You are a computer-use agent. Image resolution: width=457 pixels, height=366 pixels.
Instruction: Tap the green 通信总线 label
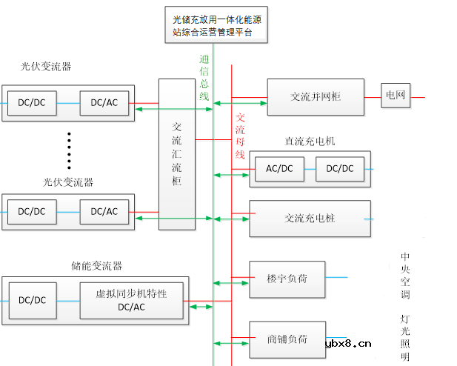pos(204,77)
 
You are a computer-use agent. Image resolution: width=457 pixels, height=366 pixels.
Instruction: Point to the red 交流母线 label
pos(240,136)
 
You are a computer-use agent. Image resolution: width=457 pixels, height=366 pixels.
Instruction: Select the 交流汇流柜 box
pos(176,153)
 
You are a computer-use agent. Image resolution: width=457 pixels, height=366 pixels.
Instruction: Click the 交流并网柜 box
pos(316,97)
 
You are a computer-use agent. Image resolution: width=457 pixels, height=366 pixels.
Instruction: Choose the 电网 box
pos(396,96)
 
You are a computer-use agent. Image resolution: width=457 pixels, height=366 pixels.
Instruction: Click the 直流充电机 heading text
pos(310,141)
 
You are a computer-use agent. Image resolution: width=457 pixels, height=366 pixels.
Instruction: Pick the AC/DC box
pos(279,169)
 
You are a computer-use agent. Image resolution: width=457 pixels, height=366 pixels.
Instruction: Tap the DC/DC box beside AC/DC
pos(340,169)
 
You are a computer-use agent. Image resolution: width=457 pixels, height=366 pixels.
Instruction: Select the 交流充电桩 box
pos(310,219)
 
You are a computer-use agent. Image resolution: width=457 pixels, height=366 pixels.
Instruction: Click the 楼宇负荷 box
pos(287,279)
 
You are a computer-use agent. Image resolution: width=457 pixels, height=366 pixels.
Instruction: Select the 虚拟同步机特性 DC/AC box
pos(131,300)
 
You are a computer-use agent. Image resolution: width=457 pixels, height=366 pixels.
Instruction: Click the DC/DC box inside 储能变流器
pos(32,300)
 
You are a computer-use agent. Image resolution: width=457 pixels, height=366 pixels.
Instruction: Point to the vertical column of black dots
pos(69,150)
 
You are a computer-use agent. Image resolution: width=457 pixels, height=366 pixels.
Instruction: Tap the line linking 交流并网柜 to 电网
pos(372,96)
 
